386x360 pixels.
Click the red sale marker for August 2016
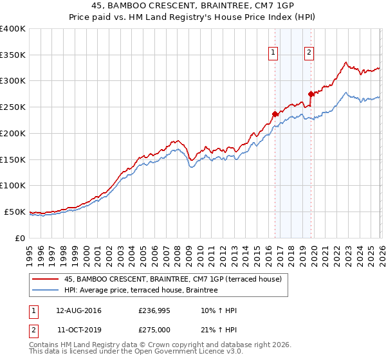(275, 114)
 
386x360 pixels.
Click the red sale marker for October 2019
(311, 94)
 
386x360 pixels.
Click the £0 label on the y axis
(21, 238)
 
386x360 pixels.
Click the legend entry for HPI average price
(141, 291)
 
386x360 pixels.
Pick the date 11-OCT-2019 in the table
(78, 329)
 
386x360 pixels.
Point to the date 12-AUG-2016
(78, 310)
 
